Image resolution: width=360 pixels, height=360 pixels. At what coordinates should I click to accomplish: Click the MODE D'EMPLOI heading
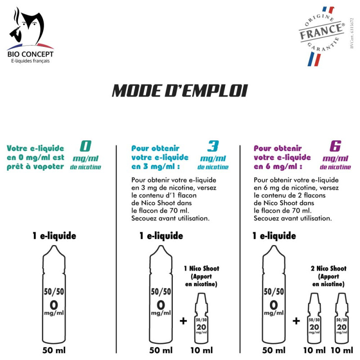coord(180,90)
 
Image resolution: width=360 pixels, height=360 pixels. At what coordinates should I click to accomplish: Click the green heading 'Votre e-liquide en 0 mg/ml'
coord(36,157)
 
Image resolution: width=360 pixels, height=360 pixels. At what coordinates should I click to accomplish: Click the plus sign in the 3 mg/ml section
coord(183,321)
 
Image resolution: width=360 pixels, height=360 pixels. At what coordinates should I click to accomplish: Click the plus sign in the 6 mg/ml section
coord(296,321)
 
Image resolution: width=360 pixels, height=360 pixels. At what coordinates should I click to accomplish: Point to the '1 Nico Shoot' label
coord(201,269)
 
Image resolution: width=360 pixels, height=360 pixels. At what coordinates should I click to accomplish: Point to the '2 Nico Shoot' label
coord(328,269)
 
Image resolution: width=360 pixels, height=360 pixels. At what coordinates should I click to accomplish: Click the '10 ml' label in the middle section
coord(201,350)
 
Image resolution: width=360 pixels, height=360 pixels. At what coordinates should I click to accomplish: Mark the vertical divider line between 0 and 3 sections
coord(117,247)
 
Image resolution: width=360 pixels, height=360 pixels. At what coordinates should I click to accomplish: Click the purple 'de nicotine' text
coord(336,167)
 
